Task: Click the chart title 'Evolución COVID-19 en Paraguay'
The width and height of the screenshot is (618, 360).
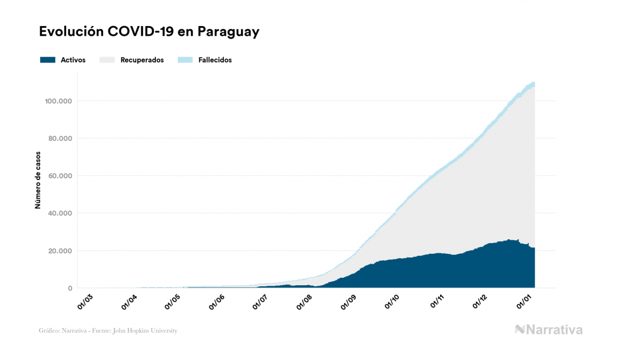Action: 149,32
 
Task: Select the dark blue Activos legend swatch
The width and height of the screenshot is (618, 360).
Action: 48,60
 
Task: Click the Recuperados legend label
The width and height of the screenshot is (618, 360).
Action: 142,60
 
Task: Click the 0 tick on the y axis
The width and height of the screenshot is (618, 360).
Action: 69,288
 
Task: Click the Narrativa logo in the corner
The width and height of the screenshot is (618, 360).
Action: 549,330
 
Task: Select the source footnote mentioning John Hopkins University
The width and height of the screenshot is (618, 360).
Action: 108,331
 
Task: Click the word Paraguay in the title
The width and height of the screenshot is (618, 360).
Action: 229,32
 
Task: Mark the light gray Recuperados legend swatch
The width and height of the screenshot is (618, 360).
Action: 107,60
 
